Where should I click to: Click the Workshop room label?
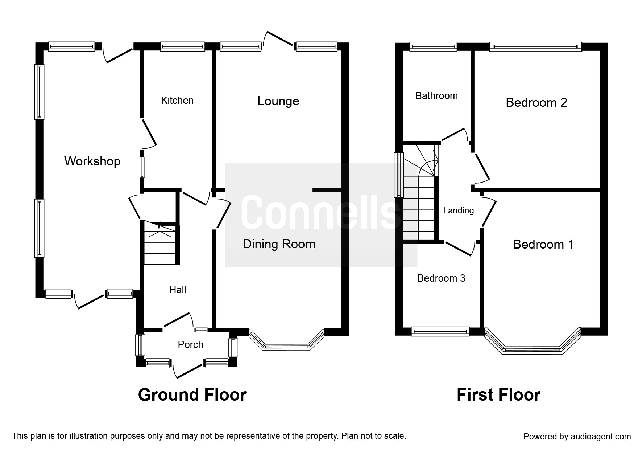(x=92, y=161)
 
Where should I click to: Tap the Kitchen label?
(x=177, y=100)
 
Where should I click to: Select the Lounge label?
(x=278, y=101)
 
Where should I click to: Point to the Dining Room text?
(x=279, y=244)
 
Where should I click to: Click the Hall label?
(x=178, y=290)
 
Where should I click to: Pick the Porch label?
(x=190, y=344)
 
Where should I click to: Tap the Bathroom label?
(x=436, y=96)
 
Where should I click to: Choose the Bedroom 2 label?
(x=537, y=102)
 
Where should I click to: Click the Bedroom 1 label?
(x=543, y=244)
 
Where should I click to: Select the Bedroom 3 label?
(x=441, y=278)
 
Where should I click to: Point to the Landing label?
(x=459, y=210)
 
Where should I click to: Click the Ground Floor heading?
(x=192, y=395)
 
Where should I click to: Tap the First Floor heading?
(x=498, y=395)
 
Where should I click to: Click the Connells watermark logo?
(x=321, y=215)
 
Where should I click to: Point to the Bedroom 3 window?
(x=440, y=332)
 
